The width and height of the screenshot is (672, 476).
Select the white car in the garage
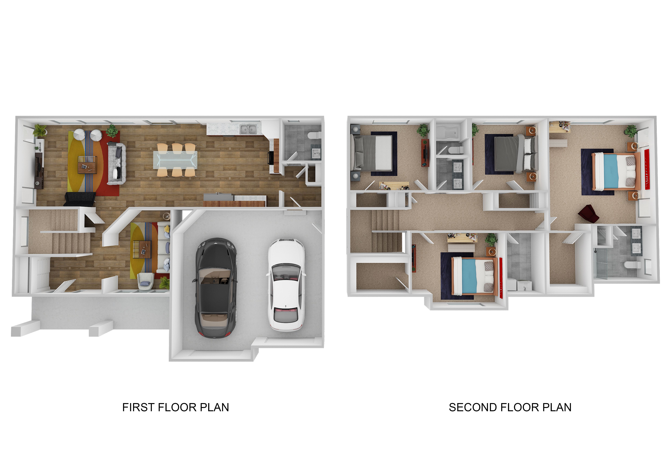(286, 284)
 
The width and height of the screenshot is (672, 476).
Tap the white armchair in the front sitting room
(146, 281)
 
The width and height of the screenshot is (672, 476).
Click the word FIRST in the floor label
(139, 407)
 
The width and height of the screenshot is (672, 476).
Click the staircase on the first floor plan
(63, 232)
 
